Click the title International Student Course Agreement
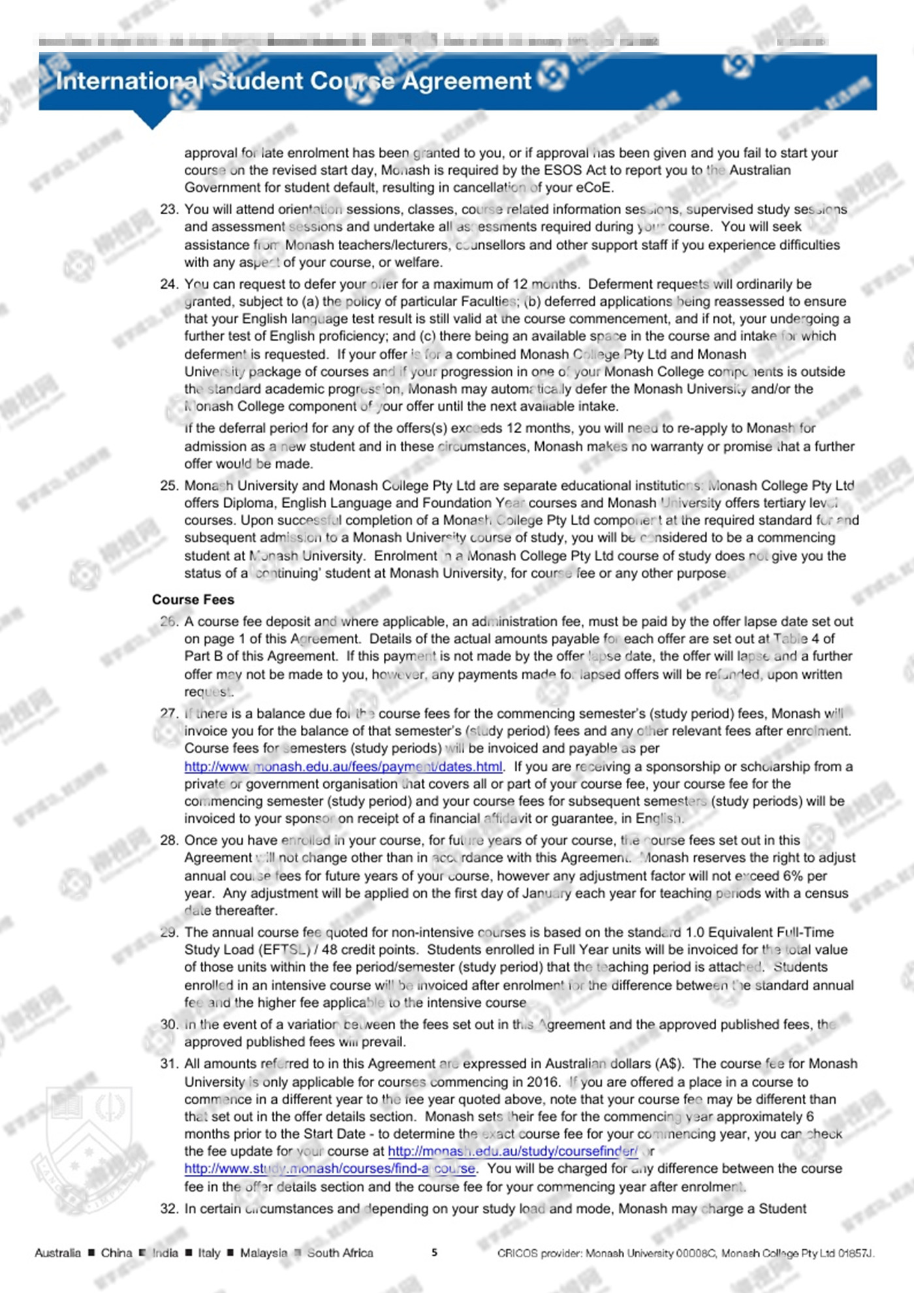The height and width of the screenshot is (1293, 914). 294,81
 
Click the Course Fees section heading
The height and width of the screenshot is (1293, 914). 193,599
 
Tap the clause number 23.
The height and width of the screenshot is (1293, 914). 168,210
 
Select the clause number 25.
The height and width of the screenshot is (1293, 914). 168,486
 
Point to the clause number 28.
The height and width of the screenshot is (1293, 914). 168,840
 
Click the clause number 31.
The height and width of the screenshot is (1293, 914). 168,1064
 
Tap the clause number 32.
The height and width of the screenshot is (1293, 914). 168,1209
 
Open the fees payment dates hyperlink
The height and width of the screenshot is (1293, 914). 343,767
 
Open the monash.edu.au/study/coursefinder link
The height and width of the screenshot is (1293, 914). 512,1151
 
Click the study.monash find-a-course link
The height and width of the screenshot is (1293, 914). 330,1168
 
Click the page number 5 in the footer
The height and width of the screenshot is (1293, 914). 434,1253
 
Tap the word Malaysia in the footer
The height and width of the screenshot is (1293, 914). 263,1253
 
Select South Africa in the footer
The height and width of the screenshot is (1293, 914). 340,1253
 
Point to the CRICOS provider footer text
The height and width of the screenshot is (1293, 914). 685,1253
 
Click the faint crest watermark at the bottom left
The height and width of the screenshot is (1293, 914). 88,1136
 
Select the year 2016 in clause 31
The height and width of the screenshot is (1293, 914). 544,1082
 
